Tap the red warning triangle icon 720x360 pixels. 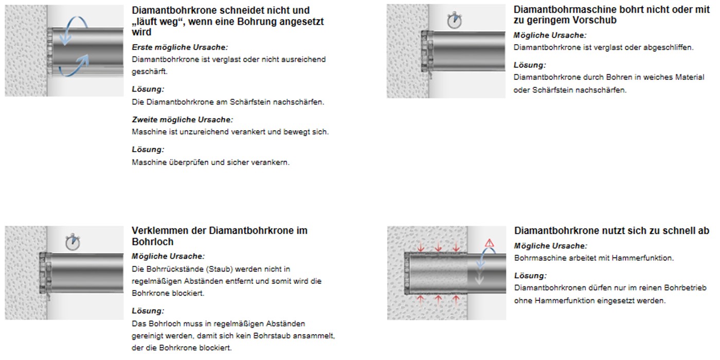489,243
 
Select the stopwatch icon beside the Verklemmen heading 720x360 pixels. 73,242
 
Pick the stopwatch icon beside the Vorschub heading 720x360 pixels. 455,20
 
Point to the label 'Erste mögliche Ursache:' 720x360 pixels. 179,47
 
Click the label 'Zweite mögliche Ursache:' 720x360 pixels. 182,119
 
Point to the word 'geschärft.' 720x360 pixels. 150,71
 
